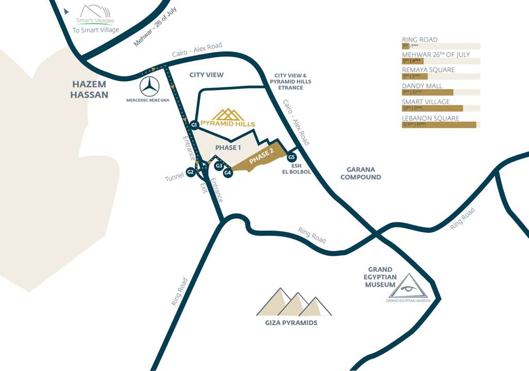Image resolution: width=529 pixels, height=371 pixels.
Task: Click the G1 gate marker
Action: coord(194,125)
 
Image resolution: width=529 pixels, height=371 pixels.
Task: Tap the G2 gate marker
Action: coord(191,172)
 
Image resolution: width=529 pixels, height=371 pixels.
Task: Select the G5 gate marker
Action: coord(292,157)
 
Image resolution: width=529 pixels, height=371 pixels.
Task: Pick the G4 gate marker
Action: coord(228,173)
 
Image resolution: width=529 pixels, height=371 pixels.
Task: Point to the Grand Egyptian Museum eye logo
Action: coord(407,286)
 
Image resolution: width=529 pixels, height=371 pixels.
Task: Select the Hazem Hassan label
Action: coord(90,90)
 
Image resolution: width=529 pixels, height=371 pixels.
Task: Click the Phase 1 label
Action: coord(228,148)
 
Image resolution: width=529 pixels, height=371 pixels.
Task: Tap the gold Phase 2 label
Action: coord(261,157)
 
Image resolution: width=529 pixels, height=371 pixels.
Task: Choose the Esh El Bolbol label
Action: coord(296,169)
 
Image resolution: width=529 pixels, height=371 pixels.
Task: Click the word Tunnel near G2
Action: coord(174,178)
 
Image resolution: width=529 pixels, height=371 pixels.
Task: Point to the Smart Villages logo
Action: coord(95,15)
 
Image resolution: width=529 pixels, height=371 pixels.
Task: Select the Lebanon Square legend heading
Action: coord(430,118)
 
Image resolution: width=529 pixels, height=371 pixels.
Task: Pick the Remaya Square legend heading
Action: coord(428,70)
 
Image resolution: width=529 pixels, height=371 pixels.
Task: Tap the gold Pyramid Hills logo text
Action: coord(228,124)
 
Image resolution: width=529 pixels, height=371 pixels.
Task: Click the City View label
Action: coord(207,75)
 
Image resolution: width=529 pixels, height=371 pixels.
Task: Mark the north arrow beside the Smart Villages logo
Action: coord(67,11)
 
